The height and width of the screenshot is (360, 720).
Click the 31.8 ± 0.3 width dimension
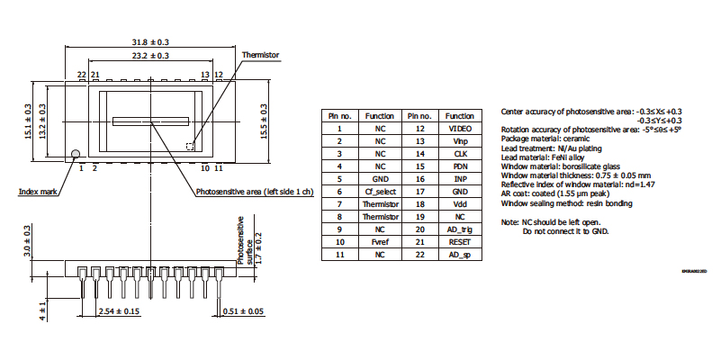pyautogui.click(x=151, y=42)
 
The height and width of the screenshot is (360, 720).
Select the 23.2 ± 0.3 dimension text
pyautogui.click(x=151, y=56)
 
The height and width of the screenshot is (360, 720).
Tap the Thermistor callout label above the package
pyautogui.click(x=260, y=55)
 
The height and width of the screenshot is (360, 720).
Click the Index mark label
pyautogui.click(x=39, y=191)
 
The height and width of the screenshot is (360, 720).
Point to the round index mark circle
pyautogui.click(x=76, y=154)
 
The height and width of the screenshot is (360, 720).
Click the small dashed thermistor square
pyautogui.click(x=190, y=145)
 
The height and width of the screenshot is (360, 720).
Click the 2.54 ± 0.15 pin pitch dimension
pyautogui.click(x=119, y=312)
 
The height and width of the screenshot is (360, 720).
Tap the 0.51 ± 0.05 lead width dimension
pyautogui.click(x=243, y=312)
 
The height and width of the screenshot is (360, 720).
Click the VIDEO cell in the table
pyautogui.click(x=460, y=129)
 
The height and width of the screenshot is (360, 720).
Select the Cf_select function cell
pyautogui.click(x=380, y=192)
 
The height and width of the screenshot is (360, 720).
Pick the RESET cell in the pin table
pyautogui.click(x=460, y=242)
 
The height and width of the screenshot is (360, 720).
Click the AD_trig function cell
pyautogui.click(x=460, y=229)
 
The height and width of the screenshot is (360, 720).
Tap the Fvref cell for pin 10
pyautogui.click(x=380, y=242)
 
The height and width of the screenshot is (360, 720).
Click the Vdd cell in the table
pyautogui.click(x=460, y=204)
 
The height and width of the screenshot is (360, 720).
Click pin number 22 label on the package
pyautogui.click(x=81, y=75)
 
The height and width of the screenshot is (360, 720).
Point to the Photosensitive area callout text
pyautogui.click(x=254, y=191)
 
